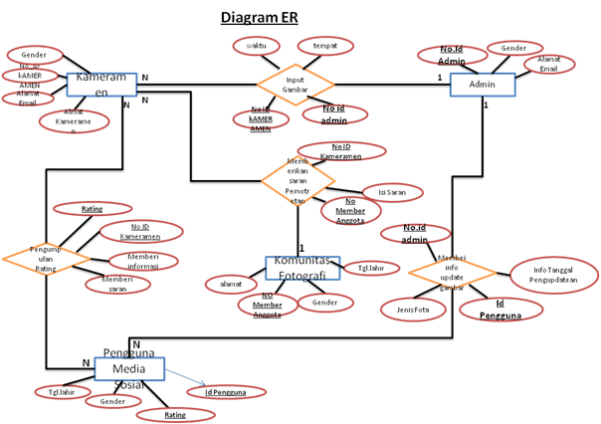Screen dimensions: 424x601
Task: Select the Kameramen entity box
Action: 100,85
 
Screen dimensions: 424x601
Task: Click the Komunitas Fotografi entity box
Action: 301,268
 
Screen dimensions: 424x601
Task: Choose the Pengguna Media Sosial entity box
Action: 129,368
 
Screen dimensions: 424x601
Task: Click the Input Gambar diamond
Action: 295,86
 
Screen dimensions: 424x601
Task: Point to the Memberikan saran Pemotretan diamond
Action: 297,180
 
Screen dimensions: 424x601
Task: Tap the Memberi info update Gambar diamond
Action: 452,273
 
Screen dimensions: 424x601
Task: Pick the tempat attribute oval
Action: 323,46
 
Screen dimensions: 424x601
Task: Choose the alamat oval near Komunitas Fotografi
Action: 231,285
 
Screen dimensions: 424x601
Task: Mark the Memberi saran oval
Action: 117,284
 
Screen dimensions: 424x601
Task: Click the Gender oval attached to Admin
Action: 513,48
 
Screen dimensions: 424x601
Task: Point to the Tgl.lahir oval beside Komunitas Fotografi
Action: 371,268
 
